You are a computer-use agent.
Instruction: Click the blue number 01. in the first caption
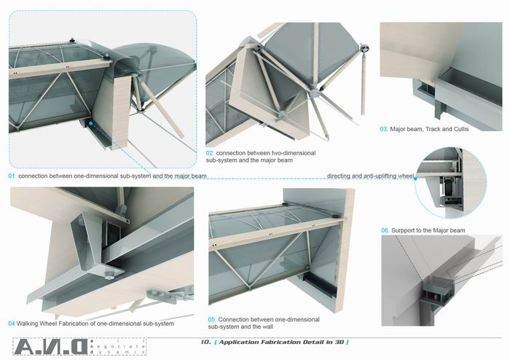click(12, 176)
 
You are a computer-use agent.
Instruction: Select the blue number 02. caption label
click(210, 154)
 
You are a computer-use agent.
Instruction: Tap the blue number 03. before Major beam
click(384, 130)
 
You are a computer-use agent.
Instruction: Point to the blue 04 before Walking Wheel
click(12, 324)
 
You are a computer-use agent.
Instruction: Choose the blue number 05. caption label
click(213, 319)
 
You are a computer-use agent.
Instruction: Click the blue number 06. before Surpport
click(385, 230)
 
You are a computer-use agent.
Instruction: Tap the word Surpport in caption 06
click(405, 230)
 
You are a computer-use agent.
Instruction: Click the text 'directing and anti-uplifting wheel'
click(370, 176)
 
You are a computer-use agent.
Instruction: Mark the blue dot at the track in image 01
click(90, 125)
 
